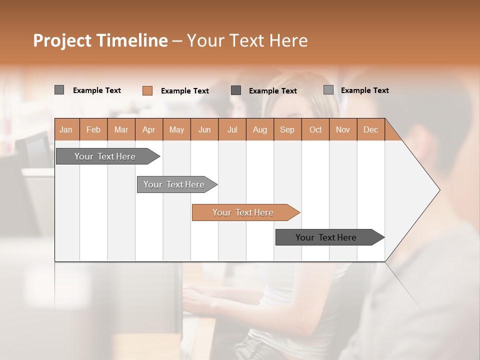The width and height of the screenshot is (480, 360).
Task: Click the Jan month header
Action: click(66, 129)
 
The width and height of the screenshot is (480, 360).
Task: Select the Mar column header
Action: click(121, 129)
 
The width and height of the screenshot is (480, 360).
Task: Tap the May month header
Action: click(176, 129)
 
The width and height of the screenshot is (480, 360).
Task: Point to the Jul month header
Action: click(232, 129)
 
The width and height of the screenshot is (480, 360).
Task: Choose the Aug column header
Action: click(259, 129)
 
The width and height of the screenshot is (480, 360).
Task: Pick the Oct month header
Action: click(315, 129)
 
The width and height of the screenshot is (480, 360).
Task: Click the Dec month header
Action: click(370, 129)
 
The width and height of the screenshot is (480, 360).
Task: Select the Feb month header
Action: click(93, 129)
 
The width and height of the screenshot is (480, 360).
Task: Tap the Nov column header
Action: click(342, 129)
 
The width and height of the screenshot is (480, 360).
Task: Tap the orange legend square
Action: click(147, 90)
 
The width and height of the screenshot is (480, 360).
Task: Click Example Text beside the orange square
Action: click(184, 91)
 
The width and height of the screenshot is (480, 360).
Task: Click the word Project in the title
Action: click(61, 40)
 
